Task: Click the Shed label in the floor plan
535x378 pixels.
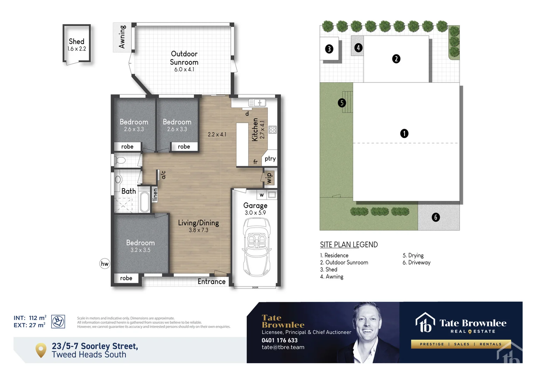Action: tap(76, 42)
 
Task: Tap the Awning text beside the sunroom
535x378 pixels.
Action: tap(122, 37)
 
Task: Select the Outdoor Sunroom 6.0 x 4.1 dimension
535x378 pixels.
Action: tap(184, 69)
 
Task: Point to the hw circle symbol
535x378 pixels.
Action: tap(105, 264)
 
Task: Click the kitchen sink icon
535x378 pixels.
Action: tap(257, 103)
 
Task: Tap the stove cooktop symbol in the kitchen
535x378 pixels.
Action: tap(273, 130)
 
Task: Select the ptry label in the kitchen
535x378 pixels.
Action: tap(270, 159)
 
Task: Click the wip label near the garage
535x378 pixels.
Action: tap(269, 178)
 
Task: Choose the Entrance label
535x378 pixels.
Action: tap(211, 282)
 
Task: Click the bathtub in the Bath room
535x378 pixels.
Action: tap(144, 202)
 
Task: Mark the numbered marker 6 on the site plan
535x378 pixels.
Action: tap(435, 217)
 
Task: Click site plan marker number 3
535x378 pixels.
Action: tap(329, 49)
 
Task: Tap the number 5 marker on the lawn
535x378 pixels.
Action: tap(342, 103)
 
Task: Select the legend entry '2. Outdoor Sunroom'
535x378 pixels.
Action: tap(344, 262)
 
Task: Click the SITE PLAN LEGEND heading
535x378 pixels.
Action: tap(349, 245)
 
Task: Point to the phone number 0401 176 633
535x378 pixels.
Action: tap(280, 340)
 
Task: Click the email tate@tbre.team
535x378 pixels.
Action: tap(283, 347)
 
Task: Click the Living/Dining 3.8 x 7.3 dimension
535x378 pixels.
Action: tap(198, 230)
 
